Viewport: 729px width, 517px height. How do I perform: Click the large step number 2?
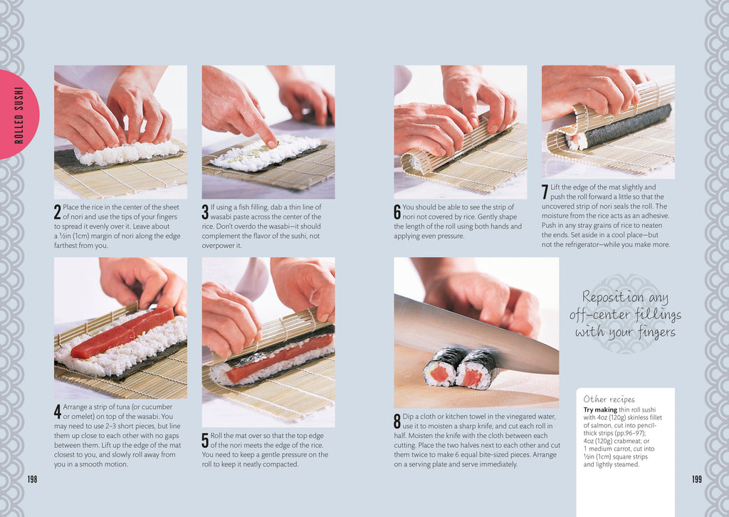[57, 212]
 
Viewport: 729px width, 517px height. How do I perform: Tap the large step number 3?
[205, 212]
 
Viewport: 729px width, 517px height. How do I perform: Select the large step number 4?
[57, 412]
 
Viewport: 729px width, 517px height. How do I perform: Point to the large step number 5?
[205, 441]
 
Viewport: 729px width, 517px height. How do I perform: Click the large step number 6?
[397, 212]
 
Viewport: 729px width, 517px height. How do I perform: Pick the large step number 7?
[545, 192]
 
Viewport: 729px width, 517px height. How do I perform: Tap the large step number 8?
[397, 422]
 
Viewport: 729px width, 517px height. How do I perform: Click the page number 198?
[32, 479]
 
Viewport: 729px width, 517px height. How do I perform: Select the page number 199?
[696, 479]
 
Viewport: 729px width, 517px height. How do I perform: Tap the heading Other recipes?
[609, 399]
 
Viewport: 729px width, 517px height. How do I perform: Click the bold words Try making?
[600, 410]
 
